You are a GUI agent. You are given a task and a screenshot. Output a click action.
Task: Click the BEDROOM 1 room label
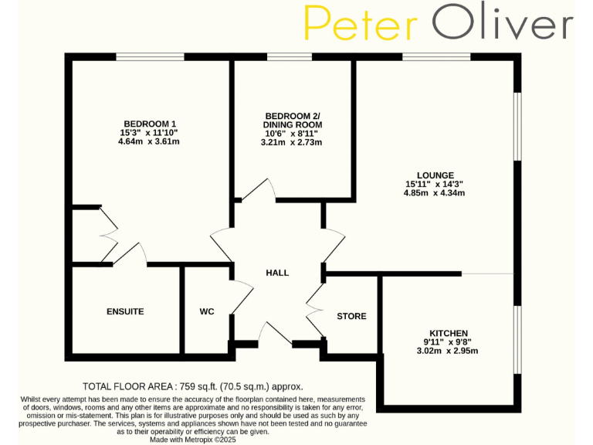(x=151, y=124)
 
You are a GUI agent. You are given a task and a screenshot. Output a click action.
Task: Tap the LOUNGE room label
(x=434, y=175)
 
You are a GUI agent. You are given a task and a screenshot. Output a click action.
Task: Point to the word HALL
(x=277, y=273)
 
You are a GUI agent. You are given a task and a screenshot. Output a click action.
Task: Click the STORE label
(x=351, y=316)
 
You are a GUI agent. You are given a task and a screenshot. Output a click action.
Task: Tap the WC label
(x=207, y=311)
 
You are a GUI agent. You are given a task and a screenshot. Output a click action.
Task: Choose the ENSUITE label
(x=125, y=311)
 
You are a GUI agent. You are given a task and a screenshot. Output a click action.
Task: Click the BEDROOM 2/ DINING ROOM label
(x=292, y=120)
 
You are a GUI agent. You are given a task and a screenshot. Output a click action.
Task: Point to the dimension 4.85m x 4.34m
(x=434, y=193)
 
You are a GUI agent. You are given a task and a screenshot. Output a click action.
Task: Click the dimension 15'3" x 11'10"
(x=151, y=133)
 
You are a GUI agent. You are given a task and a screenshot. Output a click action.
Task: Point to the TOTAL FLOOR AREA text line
(x=193, y=386)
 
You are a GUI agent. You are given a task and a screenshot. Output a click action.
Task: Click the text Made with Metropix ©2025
(x=193, y=440)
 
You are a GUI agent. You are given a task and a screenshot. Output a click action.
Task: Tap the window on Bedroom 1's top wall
(x=150, y=56)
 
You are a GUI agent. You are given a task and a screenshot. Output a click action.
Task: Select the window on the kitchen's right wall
(x=517, y=340)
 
